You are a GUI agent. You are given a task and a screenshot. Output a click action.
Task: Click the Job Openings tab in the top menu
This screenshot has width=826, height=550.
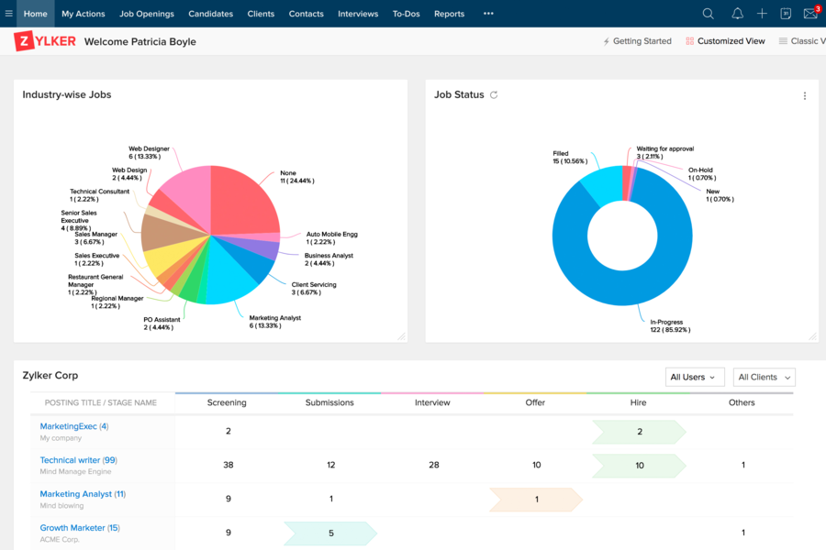pyautogui.click(x=147, y=14)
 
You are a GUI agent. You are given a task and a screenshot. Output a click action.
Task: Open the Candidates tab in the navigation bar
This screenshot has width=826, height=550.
pyautogui.click(x=210, y=14)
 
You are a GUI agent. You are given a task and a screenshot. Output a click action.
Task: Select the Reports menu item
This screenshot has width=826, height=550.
pyautogui.click(x=449, y=14)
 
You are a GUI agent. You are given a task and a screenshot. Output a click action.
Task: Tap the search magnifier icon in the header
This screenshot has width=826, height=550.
pyautogui.click(x=708, y=14)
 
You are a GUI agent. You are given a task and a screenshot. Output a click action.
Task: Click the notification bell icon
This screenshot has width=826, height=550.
pyautogui.click(x=737, y=14)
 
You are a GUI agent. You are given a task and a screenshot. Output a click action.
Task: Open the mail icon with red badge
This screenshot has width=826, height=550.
pyautogui.click(x=810, y=14)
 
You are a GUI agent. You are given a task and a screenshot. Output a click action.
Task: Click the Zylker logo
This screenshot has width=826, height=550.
pyautogui.click(x=45, y=41)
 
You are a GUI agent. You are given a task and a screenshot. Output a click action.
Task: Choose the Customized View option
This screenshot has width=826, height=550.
pyautogui.click(x=725, y=41)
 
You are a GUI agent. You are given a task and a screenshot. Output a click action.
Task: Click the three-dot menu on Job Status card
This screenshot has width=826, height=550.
pyautogui.click(x=805, y=96)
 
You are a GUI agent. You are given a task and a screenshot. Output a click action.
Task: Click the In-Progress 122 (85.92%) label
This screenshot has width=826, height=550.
pyautogui.click(x=670, y=325)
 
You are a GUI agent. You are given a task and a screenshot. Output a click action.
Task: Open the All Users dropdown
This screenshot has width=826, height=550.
pyautogui.click(x=695, y=377)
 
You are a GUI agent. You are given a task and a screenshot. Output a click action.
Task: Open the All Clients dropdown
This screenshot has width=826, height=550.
pyautogui.click(x=764, y=377)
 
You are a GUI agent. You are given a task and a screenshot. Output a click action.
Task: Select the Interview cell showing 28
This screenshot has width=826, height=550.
pyautogui.click(x=433, y=465)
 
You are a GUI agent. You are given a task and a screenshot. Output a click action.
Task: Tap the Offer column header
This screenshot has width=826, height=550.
pyautogui.click(x=535, y=402)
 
